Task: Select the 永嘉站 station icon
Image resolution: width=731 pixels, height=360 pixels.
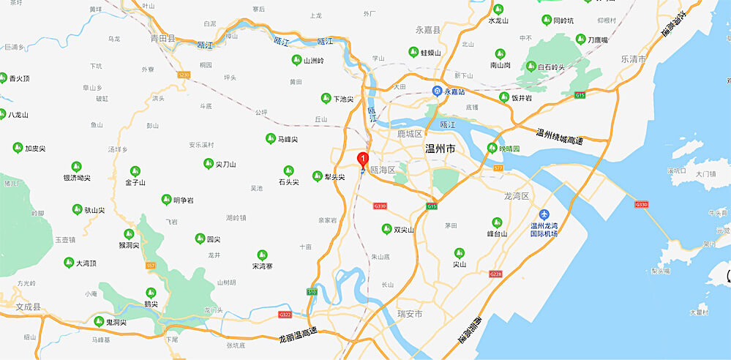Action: click(x=437, y=91)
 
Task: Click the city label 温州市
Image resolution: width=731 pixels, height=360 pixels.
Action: click(x=441, y=149)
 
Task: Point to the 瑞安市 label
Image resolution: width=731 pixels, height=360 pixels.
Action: click(x=409, y=314)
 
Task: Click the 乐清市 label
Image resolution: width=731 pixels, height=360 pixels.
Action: click(x=633, y=59)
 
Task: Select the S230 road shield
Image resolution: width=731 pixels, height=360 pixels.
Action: click(x=184, y=74)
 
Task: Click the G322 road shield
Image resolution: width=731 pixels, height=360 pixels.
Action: click(x=285, y=315)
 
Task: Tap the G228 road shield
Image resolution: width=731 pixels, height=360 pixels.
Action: click(x=496, y=274)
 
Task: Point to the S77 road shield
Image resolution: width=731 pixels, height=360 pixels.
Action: click(x=498, y=168)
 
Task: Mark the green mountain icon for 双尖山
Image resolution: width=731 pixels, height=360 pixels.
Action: click(x=387, y=229)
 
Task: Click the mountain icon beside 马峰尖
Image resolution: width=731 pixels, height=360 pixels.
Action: click(x=270, y=138)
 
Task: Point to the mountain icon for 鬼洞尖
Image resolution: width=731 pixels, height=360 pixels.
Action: click(x=99, y=320)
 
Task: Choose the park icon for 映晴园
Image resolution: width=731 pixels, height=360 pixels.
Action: click(x=492, y=149)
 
